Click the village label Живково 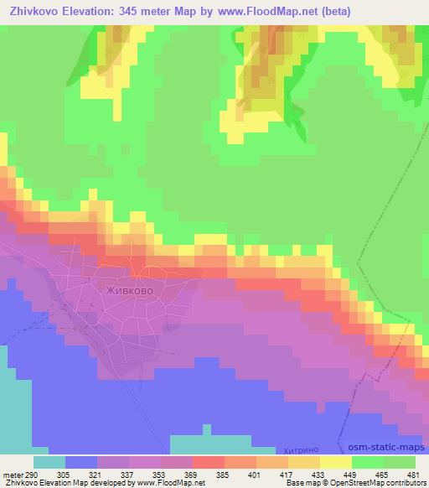(127, 293)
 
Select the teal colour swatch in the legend (49, 462)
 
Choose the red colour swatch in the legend (209, 462)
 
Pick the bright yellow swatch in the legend (336, 462)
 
